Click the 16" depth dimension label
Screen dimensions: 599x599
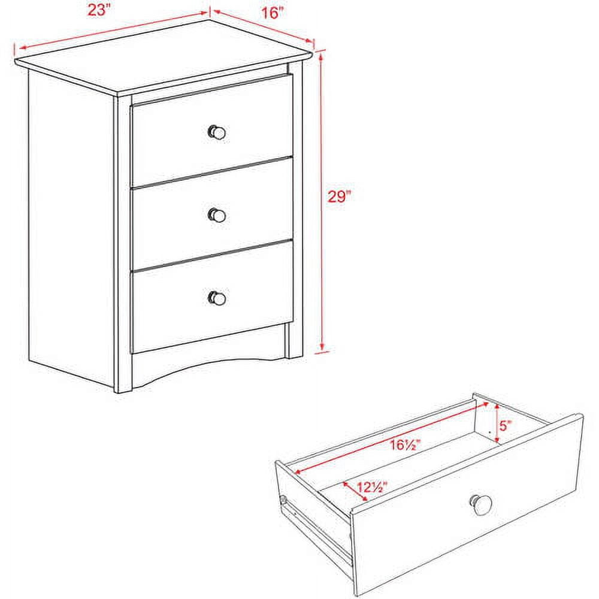(273, 14)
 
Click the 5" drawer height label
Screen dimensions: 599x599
(506, 426)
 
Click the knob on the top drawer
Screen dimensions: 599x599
(217, 132)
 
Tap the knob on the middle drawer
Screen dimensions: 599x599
(217, 214)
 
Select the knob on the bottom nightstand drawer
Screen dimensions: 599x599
(217, 297)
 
